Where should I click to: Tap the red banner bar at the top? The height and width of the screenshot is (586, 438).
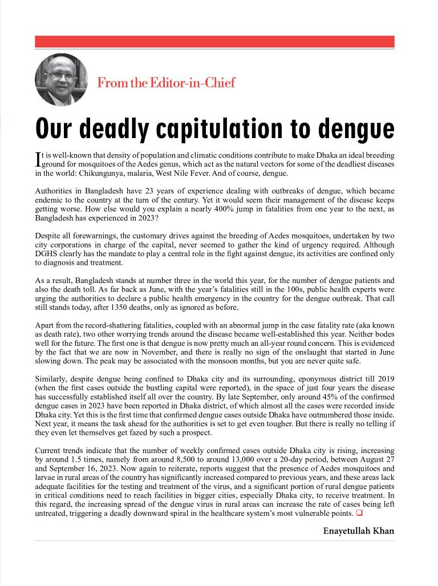(x=214, y=42)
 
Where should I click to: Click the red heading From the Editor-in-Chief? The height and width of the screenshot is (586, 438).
(x=166, y=83)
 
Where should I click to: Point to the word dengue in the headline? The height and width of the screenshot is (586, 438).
(x=360, y=130)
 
